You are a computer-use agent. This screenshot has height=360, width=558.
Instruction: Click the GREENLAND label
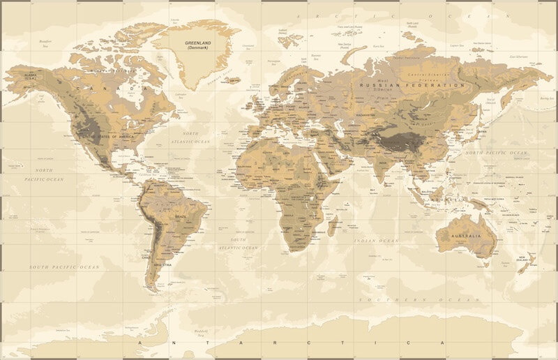198,45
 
